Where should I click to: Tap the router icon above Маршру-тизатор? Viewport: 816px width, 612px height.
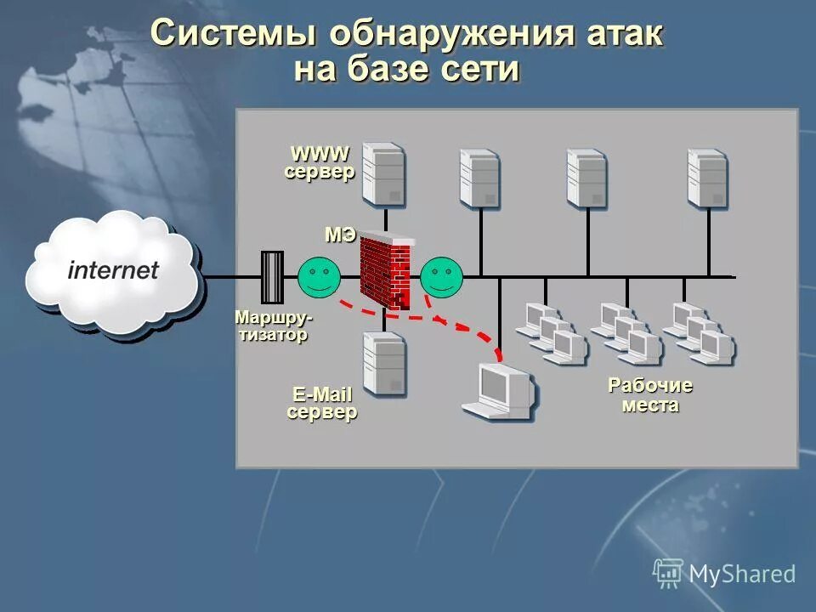(272, 277)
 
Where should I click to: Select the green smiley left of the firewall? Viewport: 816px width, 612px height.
(319, 276)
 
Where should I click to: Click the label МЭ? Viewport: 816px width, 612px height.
(340, 235)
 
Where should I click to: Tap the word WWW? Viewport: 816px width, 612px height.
(320, 154)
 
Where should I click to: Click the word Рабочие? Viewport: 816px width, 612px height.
(650, 386)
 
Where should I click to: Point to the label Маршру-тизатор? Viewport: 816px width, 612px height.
(273, 326)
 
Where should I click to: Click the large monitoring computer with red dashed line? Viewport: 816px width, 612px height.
(501, 392)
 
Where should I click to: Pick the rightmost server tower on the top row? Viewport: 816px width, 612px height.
(707, 178)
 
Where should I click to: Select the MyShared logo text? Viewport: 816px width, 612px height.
(741, 574)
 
